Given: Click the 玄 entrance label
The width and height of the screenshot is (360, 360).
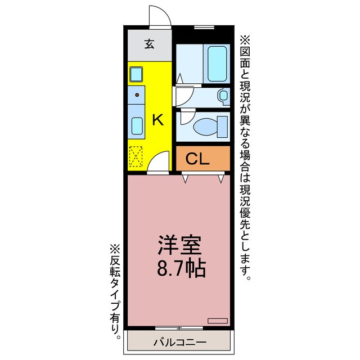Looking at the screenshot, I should pyautogui.click(x=149, y=44).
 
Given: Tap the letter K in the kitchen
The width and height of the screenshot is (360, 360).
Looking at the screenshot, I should pyautogui.click(x=158, y=119).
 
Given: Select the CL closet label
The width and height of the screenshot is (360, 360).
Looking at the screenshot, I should pyautogui.click(x=197, y=159).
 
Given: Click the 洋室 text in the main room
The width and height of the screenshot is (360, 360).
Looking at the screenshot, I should pyautogui.click(x=179, y=246).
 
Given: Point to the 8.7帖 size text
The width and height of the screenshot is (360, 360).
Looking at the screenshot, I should pyautogui.click(x=179, y=268).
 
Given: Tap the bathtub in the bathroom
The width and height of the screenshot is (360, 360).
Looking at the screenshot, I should pyautogui.click(x=216, y=64).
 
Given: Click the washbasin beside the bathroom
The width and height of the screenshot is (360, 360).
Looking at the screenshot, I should pyautogui.click(x=223, y=96).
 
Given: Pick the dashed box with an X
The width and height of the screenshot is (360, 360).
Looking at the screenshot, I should pyautogui.click(x=136, y=156).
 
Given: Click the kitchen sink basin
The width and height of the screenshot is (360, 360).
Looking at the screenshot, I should pyautogui.click(x=136, y=124).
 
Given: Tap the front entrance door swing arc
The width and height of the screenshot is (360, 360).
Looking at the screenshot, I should pyautogui.click(x=159, y=15).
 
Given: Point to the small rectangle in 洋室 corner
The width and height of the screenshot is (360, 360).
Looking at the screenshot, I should pyautogui.click(x=217, y=320).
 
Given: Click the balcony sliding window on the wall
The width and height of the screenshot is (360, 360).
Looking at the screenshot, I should pyautogui.click(x=179, y=327).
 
